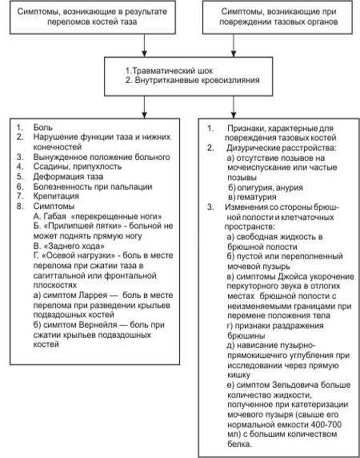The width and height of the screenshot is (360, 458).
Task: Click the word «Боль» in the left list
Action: tap(41, 126)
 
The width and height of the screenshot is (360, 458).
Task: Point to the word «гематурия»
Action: tap(256, 196)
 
